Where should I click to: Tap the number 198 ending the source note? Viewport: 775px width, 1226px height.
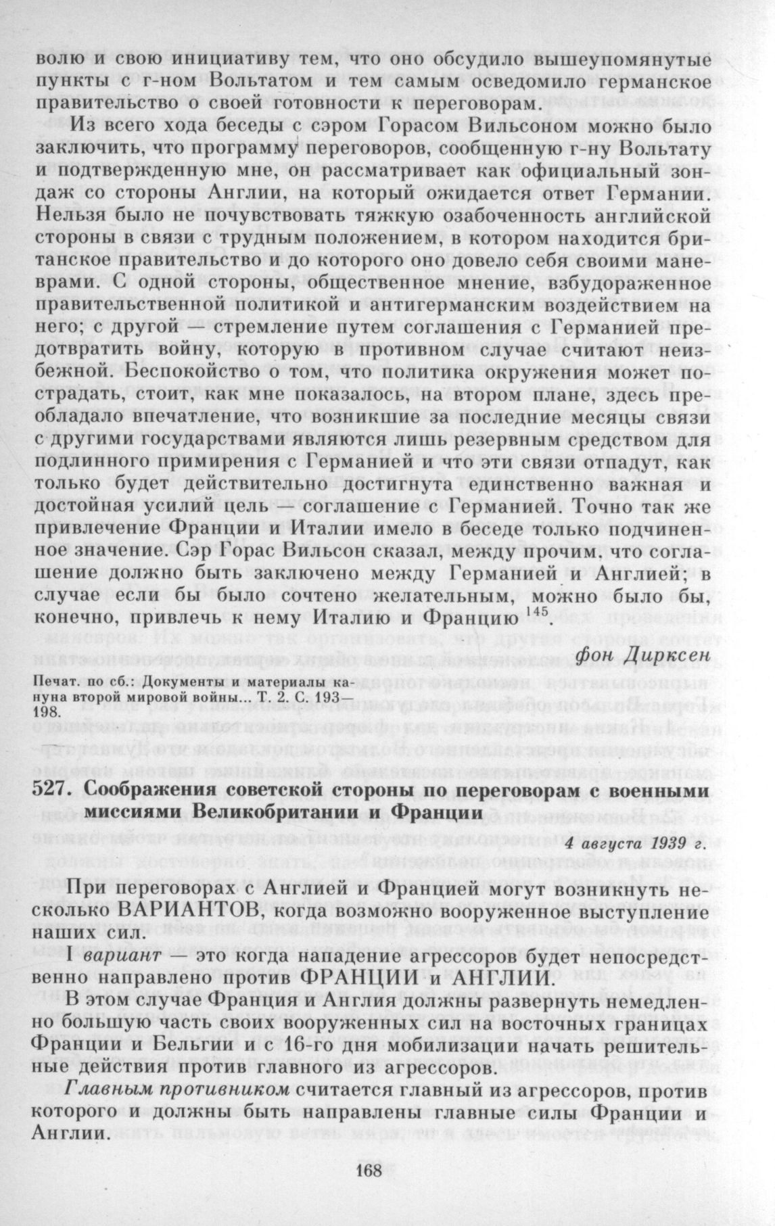pyautogui.click(x=44, y=711)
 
